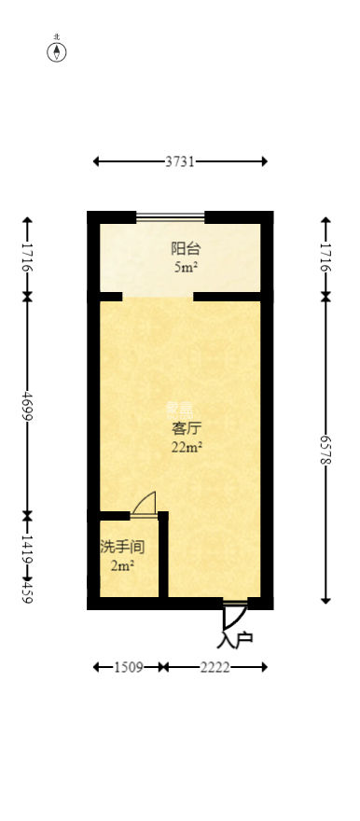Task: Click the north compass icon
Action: tap(57, 51)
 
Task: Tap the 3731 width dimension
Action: tap(180, 161)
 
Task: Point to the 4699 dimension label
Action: tap(27, 406)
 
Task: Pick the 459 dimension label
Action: tap(27, 591)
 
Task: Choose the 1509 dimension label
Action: tap(128, 667)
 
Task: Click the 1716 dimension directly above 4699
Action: tap(27, 257)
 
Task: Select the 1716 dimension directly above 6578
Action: tap(325, 257)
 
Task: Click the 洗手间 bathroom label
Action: tap(122, 547)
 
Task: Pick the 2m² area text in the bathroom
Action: tap(122, 565)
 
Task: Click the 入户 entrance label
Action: tap(235, 641)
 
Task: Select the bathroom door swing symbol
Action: tap(144, 505)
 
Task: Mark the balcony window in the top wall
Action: tap(171, 217)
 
